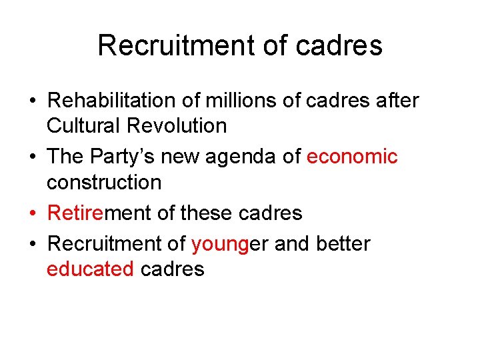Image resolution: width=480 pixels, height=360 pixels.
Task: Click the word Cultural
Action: pos(81,125)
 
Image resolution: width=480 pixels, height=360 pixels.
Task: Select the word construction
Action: pos(104,181)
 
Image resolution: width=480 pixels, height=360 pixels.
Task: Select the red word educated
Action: pos(91,269)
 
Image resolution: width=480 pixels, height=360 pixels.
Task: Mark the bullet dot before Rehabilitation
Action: pos(33,101)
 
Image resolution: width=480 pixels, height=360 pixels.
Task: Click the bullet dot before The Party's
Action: pos(33,157)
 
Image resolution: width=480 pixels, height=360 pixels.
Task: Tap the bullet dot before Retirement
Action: pos(33,213)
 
